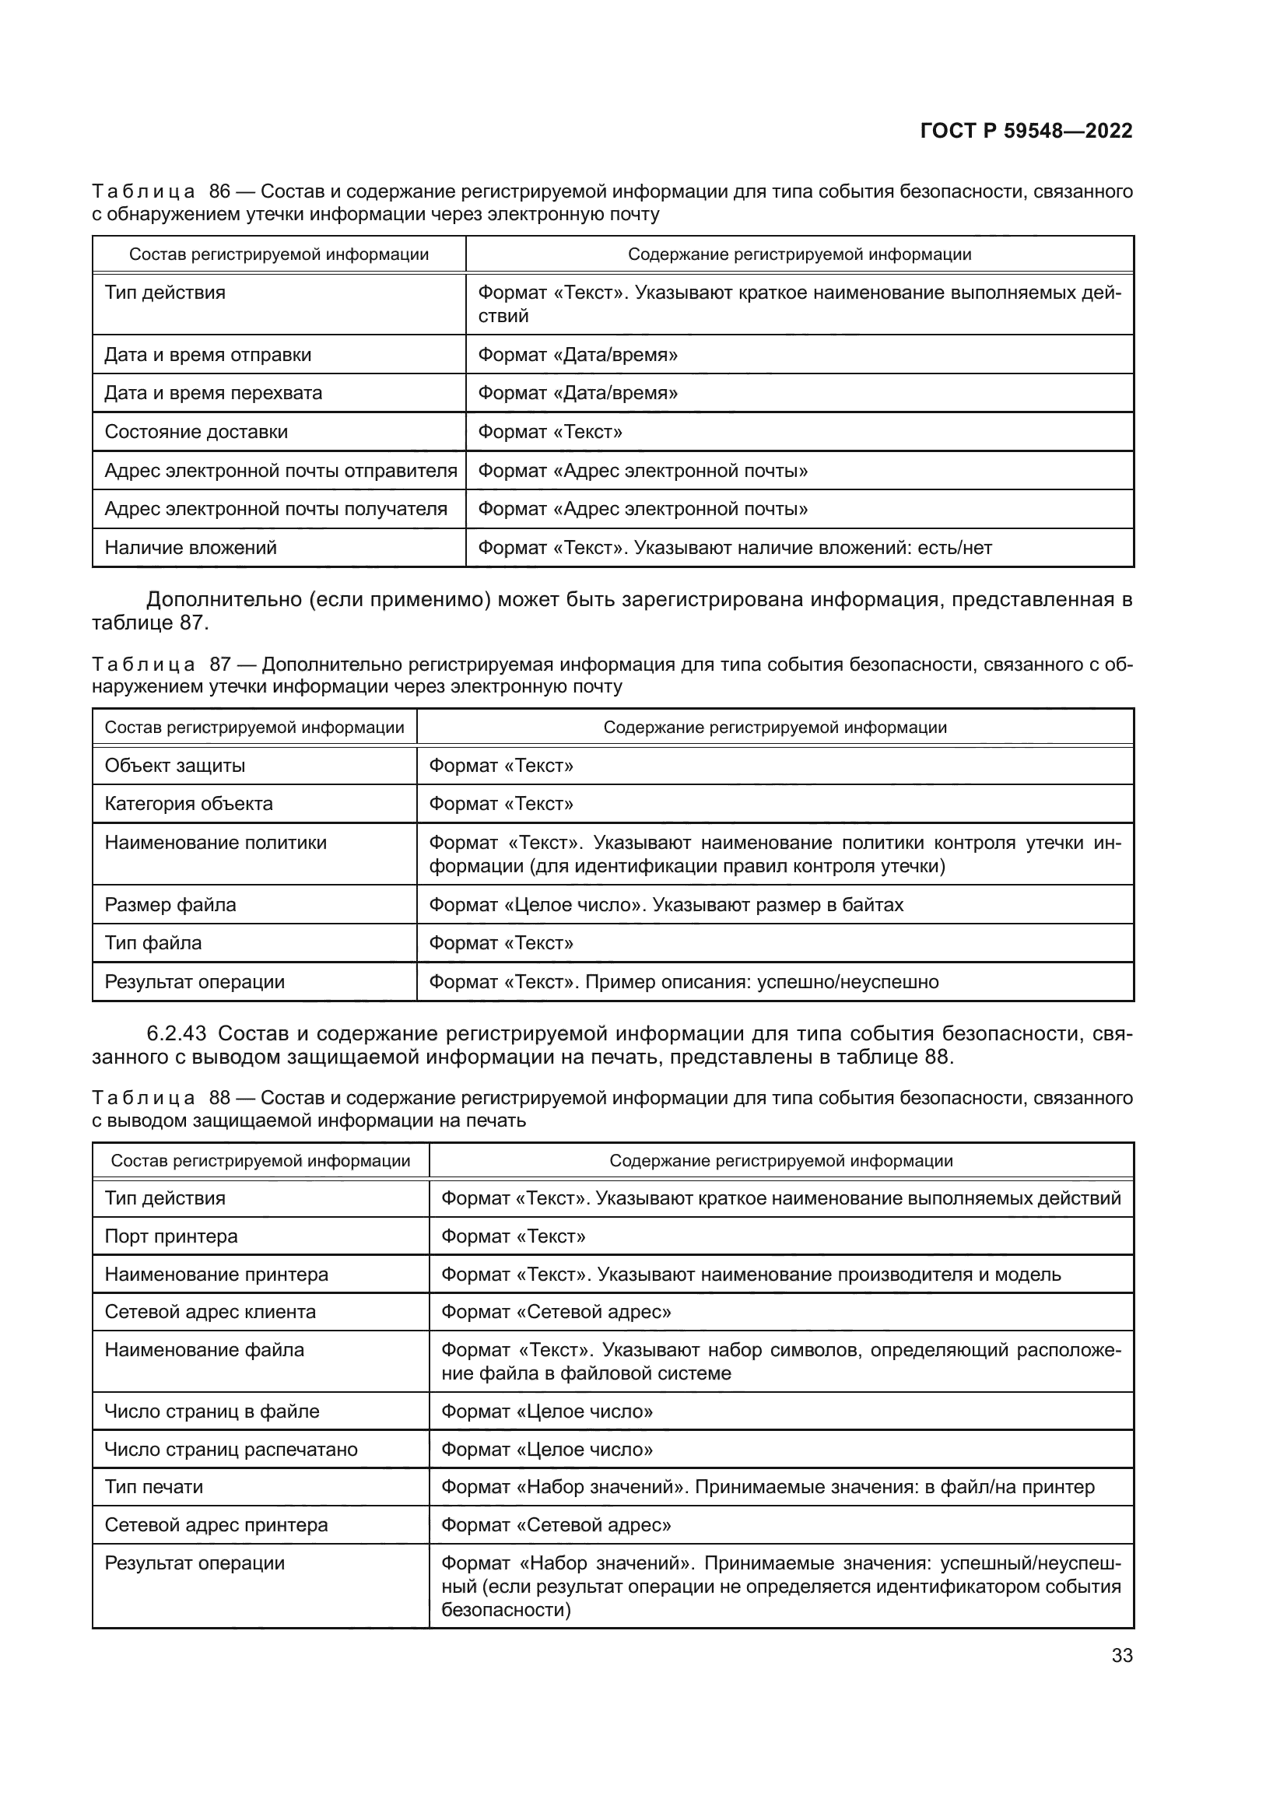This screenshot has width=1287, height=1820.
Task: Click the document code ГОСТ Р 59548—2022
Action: pos(1026,131)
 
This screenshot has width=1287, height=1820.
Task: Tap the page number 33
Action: pos(1121,1655)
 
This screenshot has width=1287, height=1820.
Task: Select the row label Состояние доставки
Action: pos(196,432)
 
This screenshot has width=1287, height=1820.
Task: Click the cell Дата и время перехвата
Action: pos(213,393)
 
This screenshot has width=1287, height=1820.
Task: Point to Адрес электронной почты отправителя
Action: pos(281,471)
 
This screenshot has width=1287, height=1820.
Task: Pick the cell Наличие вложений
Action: pos(190,548)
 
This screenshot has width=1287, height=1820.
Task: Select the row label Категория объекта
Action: pos(188,804)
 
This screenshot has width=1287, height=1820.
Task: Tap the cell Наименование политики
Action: pos(216,843)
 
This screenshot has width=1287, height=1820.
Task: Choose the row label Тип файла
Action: pos(153,943)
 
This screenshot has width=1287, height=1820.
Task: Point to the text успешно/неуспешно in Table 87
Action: pos(848,982)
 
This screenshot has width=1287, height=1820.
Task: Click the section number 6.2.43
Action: pos(177,1033)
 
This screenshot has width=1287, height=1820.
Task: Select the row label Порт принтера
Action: pos(171,1236)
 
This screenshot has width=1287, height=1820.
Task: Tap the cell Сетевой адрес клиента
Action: pos(210,1312)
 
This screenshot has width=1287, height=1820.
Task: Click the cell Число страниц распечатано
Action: pos(230,1449)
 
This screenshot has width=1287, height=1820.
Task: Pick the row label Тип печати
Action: pos(154,1487)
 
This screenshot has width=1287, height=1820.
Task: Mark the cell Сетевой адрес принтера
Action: pos(216,1525)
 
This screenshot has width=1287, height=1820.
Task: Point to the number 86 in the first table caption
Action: pos(219,192)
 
